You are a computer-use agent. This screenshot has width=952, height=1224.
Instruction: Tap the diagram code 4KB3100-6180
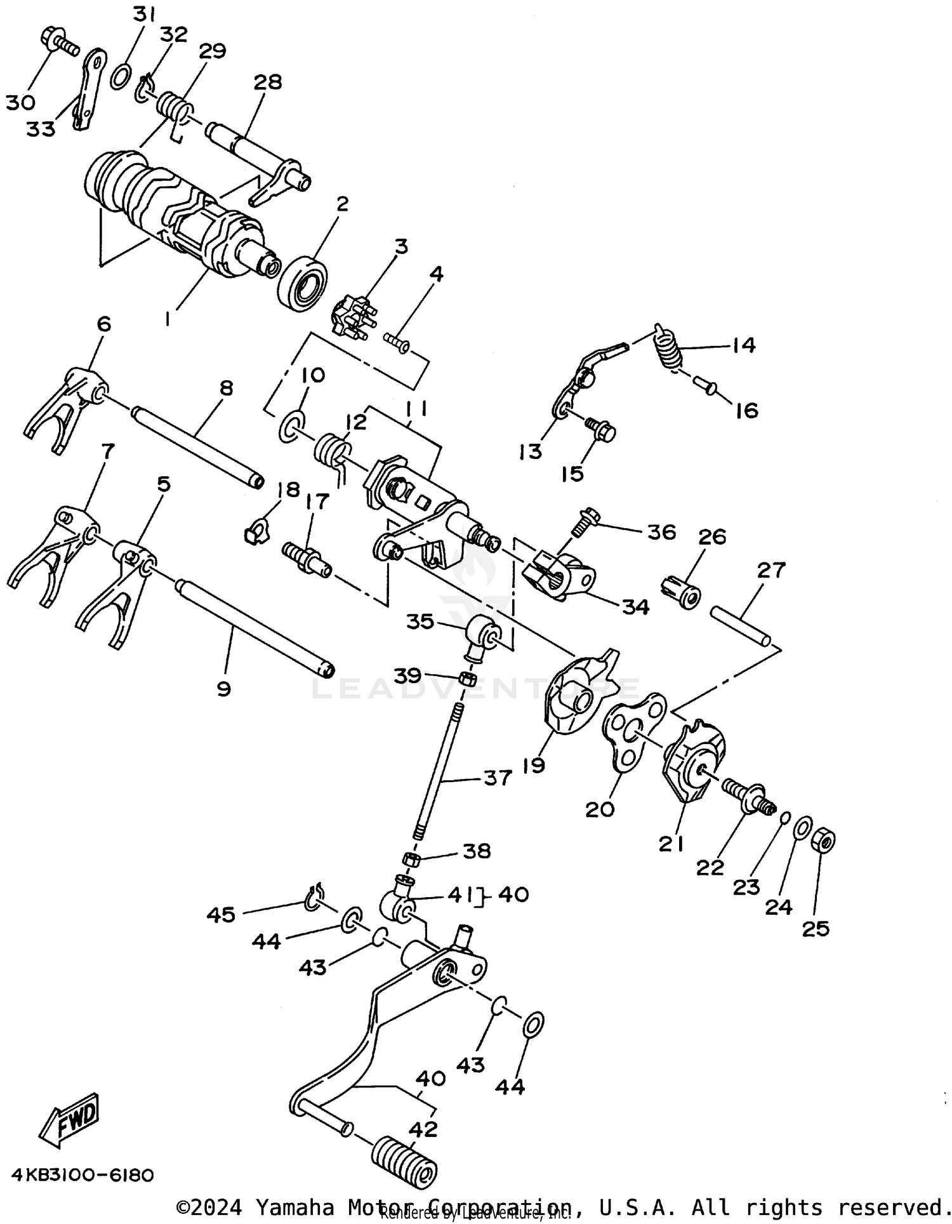coord(83,1176)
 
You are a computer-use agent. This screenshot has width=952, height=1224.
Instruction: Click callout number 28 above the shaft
coord(268,83)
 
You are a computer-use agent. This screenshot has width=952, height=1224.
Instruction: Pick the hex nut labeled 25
coord(823,841)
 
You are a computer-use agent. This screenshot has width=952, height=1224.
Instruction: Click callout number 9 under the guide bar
coord(223,689)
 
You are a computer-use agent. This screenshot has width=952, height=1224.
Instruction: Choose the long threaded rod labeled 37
coord(438,768)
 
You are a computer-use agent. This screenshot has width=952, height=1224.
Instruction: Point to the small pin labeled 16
coord(704,383)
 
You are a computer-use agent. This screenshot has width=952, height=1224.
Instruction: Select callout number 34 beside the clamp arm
coord(635,607)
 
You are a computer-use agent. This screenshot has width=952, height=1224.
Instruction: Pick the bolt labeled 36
coord(583,521)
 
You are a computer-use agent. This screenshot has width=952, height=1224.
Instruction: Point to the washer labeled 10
coord(291,426)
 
